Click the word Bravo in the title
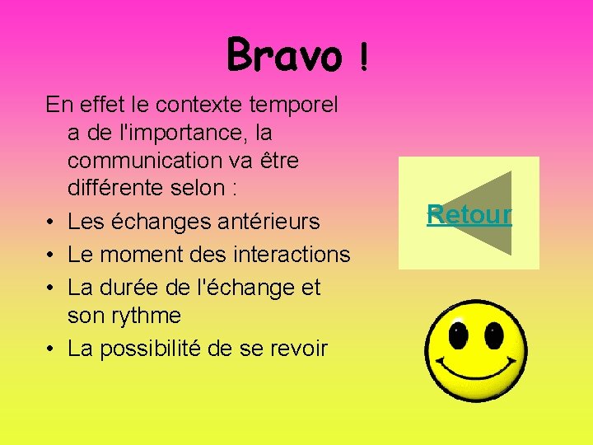pyautogui.click(x=283, y=55)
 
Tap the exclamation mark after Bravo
pyautogui.click(x=364, y=58)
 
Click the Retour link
pyautogui.click(x=469, y=215)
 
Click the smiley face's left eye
pyautogui.click(x=458, y=336)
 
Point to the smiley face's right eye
pyautogui.click(x=493, y=336)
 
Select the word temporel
pyautogui.click(x=304, y=105)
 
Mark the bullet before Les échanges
pyautogui.click(x=51, y=222)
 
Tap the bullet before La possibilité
pyautogui.click(x=51, y=349)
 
